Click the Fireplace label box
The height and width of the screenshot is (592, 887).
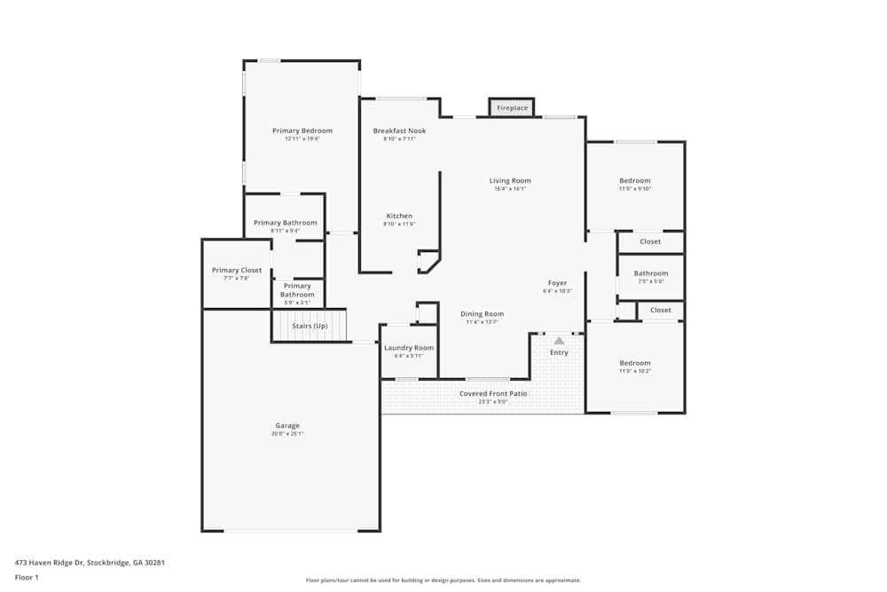point(512,107)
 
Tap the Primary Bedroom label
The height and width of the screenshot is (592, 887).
point(302,131)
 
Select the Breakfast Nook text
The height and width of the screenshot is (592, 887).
point(399,131)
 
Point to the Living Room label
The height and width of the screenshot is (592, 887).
point(510,181)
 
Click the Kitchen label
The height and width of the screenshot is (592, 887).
point(399,217)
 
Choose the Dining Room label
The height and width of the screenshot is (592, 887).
point(482,314)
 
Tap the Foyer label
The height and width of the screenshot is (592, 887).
point(557,283)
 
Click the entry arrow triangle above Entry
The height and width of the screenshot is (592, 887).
point(559,340)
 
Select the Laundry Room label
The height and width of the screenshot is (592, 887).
point(409,348)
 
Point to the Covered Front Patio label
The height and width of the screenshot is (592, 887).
point(492,393)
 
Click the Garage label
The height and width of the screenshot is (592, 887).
point(287,426)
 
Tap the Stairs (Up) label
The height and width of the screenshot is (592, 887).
point(310,326)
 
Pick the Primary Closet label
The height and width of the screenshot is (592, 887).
point(236,271)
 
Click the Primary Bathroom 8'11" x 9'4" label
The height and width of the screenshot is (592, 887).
point(285,223)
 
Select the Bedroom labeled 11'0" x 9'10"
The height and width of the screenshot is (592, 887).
point(634,181)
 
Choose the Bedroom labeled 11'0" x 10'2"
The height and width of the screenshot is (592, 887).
point(634,363)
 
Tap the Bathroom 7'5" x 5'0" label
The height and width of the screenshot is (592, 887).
point(650,273)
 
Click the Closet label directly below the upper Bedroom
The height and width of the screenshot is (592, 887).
point(650,241)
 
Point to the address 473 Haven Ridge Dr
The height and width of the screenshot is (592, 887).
point(90,562)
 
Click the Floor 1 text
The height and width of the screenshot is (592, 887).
point(27,577)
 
